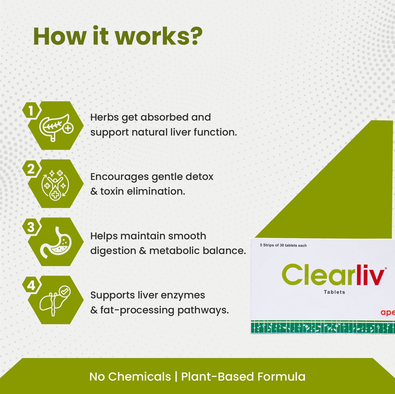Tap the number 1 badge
31,111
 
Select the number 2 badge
31,169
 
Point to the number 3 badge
31,227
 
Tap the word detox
199,177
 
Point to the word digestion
113,251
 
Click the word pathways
203,310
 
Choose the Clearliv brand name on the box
333,275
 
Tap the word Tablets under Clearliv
334,292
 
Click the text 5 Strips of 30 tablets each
283,245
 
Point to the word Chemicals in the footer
139,377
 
